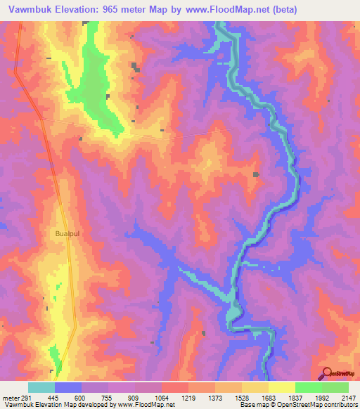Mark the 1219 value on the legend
pyautogui.click(x=188, y=398)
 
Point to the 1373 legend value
pyautogui.click(x=215, y=398)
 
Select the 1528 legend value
pyautogui.click(x=242, y=398)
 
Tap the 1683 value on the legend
pyautogui.click(x=269, y=398)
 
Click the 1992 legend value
pyautogui.click(x=322, y=398)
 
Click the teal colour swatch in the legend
pyautogui.click(x=41, y=387)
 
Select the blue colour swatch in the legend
pyautogui.click(x=68, y=387)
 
